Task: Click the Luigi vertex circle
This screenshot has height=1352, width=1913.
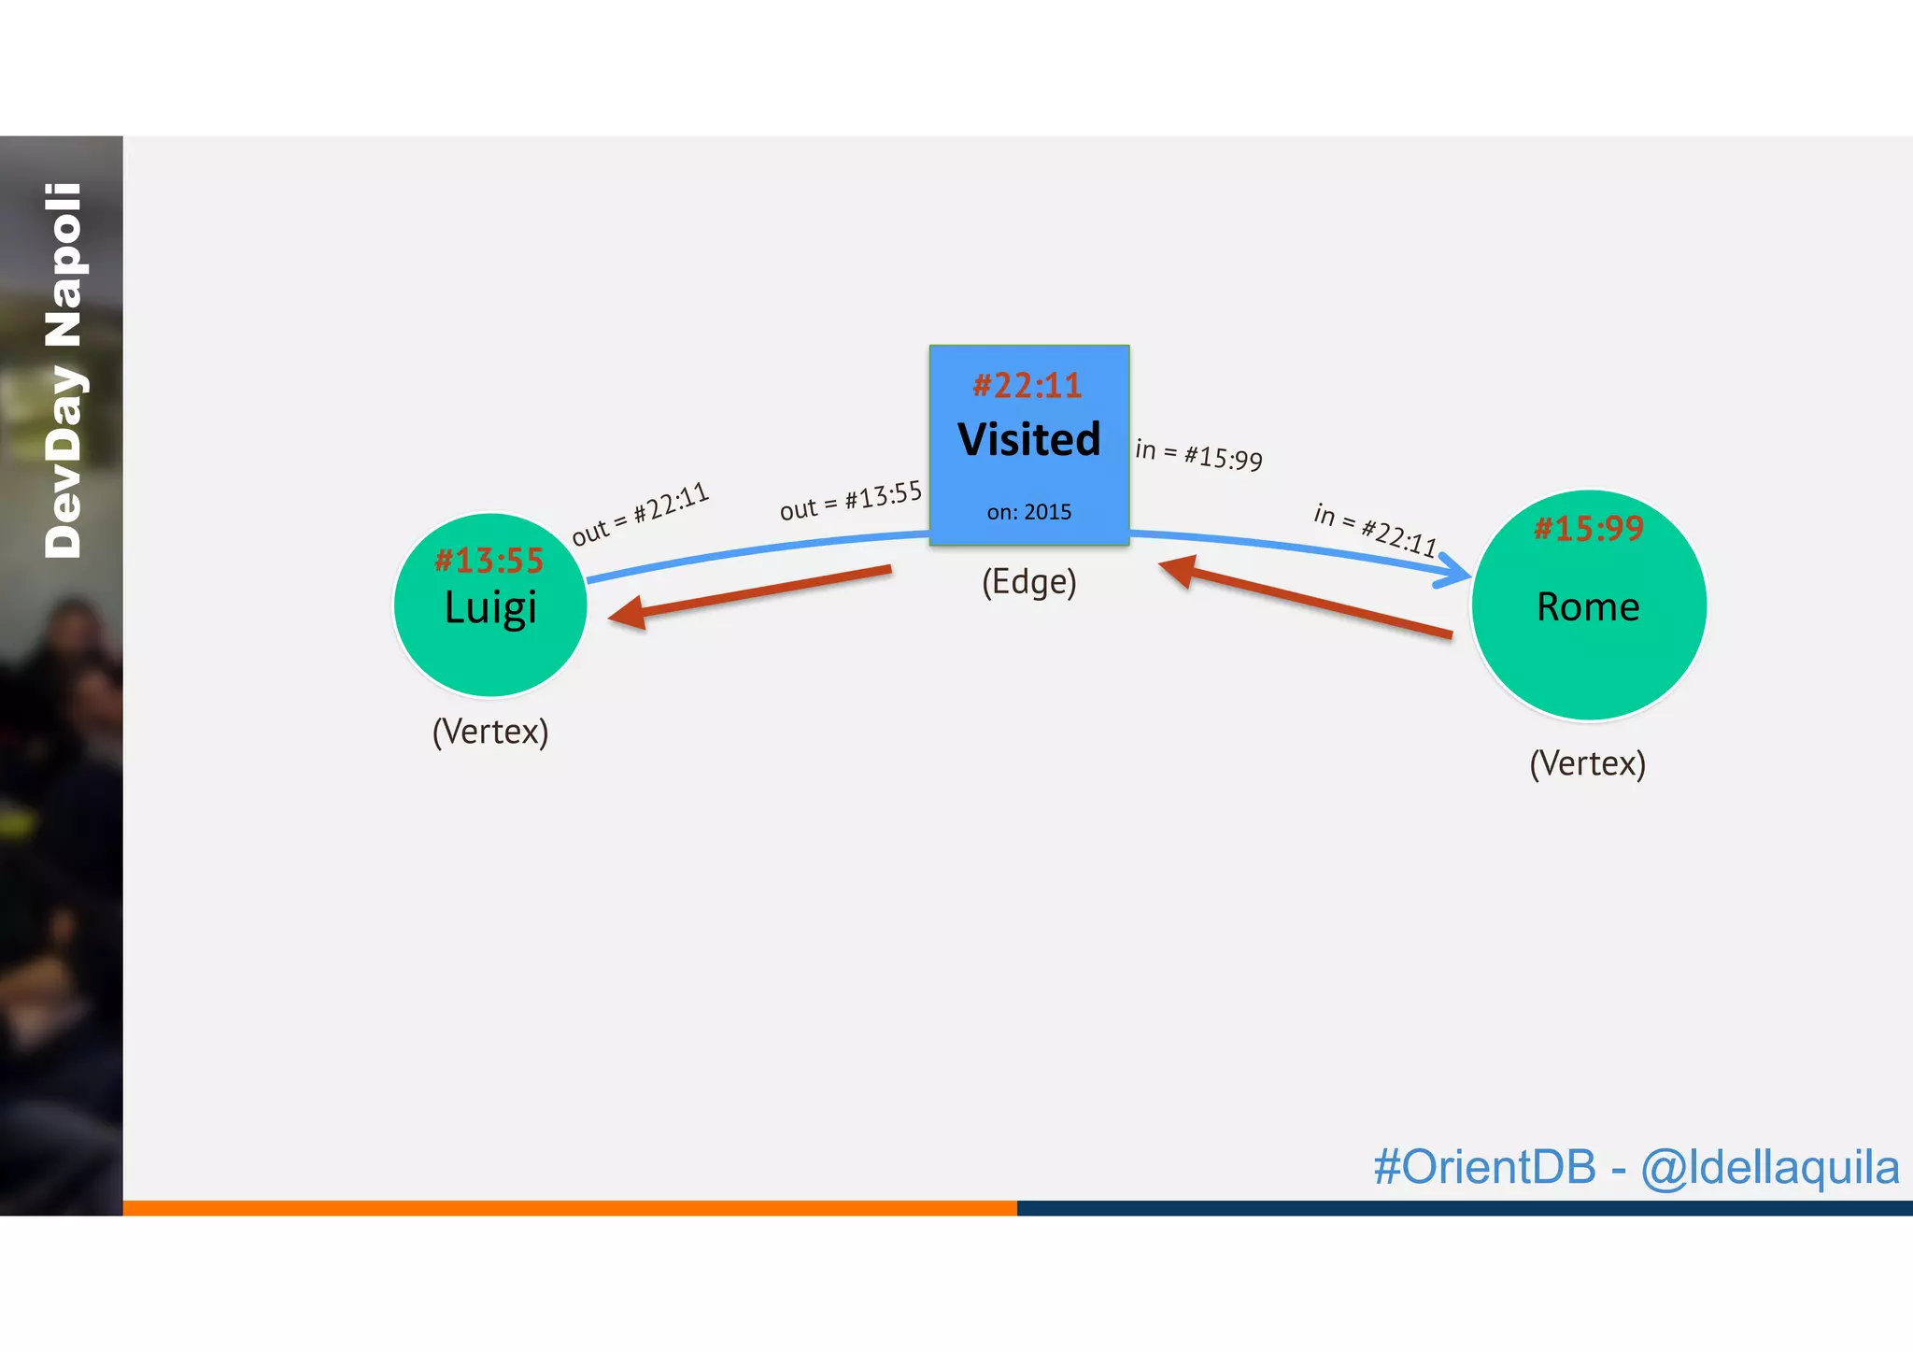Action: point(490,645)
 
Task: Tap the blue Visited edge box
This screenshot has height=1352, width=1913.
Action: point(1028,477)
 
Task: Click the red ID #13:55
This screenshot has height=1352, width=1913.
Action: point(489,560)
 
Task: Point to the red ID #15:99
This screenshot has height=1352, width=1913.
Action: point(1588,529)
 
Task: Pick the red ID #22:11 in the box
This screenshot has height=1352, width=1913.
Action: point(1027,385)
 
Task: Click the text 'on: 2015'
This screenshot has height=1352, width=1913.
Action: point(1028,512)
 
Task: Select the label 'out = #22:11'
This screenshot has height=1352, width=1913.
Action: point(641,514)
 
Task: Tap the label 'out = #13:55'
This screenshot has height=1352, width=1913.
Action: point(851,501)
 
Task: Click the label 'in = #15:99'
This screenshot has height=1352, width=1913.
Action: point(1198,454)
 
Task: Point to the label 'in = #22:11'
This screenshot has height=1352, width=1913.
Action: point(1375,529)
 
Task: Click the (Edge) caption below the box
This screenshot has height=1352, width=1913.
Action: point(1028,581)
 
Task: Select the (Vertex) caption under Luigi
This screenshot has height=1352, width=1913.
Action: point(490,731)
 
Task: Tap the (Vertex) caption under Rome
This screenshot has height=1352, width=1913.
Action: point(1587,763)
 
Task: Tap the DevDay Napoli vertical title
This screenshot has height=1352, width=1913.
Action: point(63,371)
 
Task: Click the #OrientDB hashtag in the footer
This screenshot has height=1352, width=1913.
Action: point(1484,1167)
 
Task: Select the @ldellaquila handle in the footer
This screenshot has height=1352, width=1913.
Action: point(1769,1167)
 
